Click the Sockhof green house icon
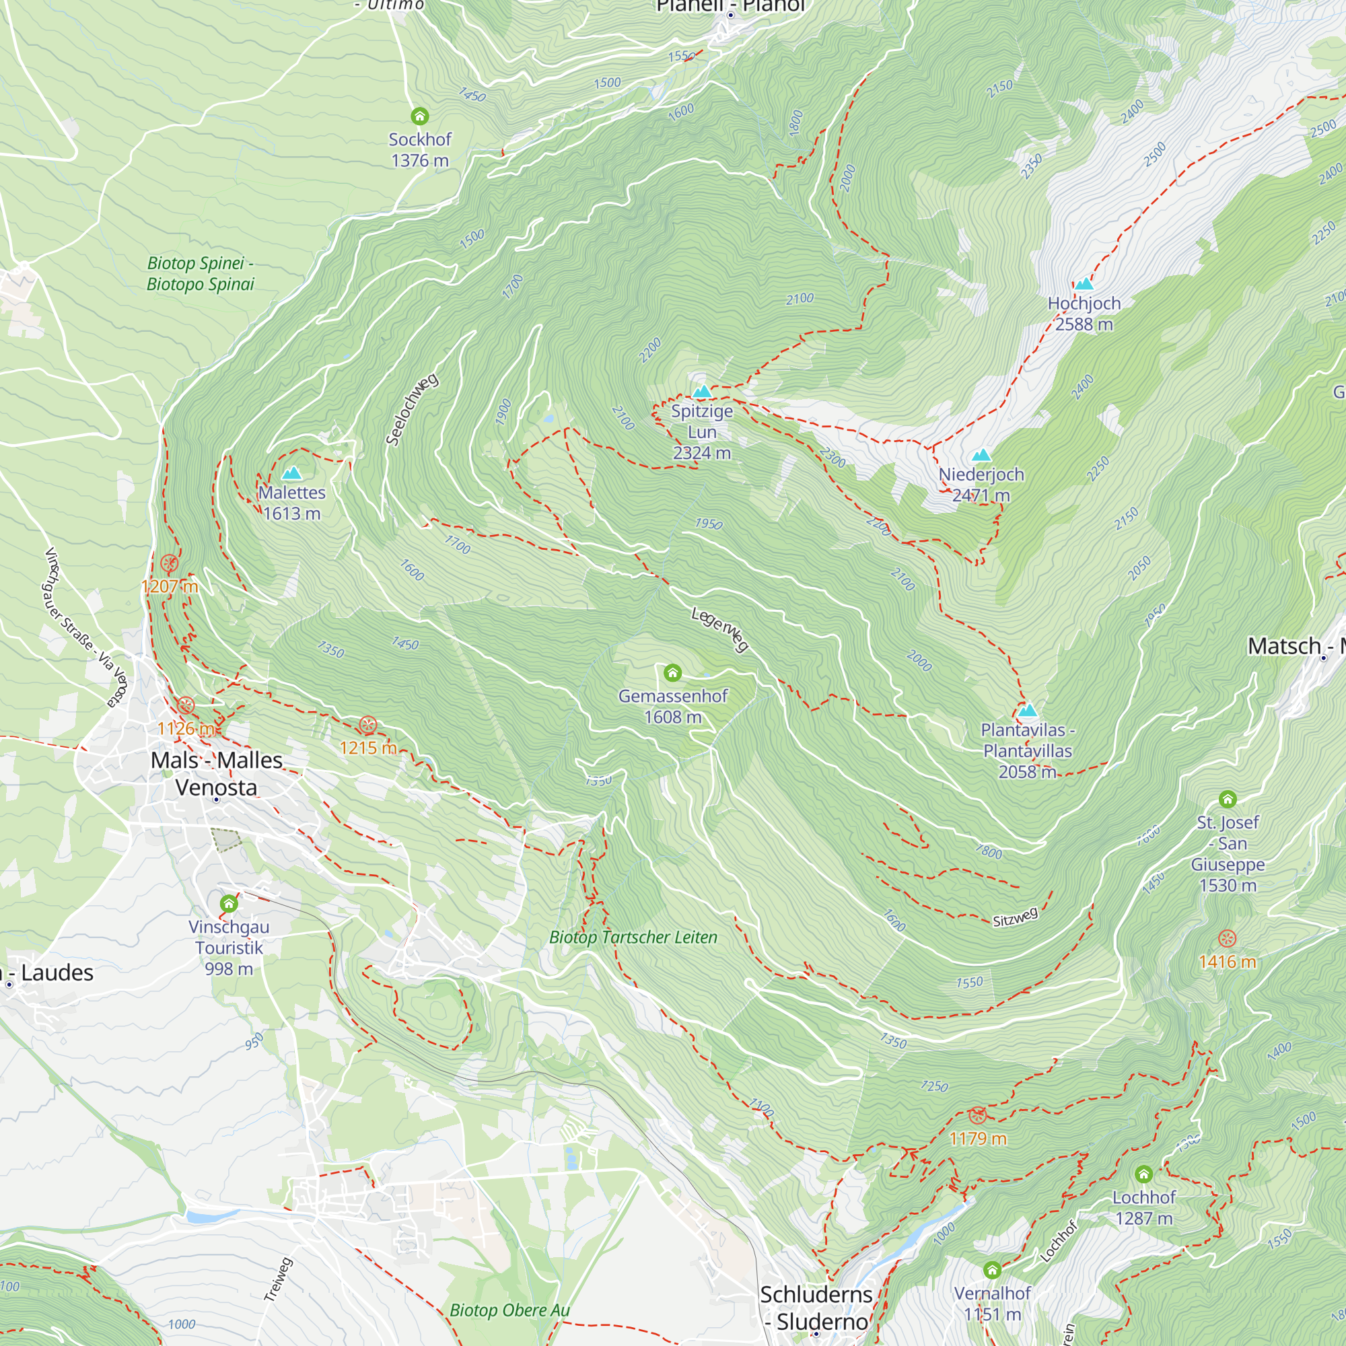(419, 116)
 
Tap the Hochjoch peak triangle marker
(1084, 283)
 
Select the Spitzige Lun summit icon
(701, 392)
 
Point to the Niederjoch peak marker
(981, 455)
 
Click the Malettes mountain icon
(291, 473)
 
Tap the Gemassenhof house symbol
(672, 672)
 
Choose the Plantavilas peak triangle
(1028, 711)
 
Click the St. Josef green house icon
(1228, 798)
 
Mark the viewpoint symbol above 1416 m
(1227, 938)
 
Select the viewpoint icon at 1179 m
(977, 1115)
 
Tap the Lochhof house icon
(1143, 1174)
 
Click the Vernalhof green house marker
(992, 1269)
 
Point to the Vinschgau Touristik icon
(229, 904)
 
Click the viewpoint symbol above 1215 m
(368, 725)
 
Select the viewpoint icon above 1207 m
(170, 563)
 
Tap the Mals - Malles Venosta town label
(217, 773)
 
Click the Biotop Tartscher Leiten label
(633, 937)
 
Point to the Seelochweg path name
(413, 409)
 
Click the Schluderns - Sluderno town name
(815, 1307)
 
